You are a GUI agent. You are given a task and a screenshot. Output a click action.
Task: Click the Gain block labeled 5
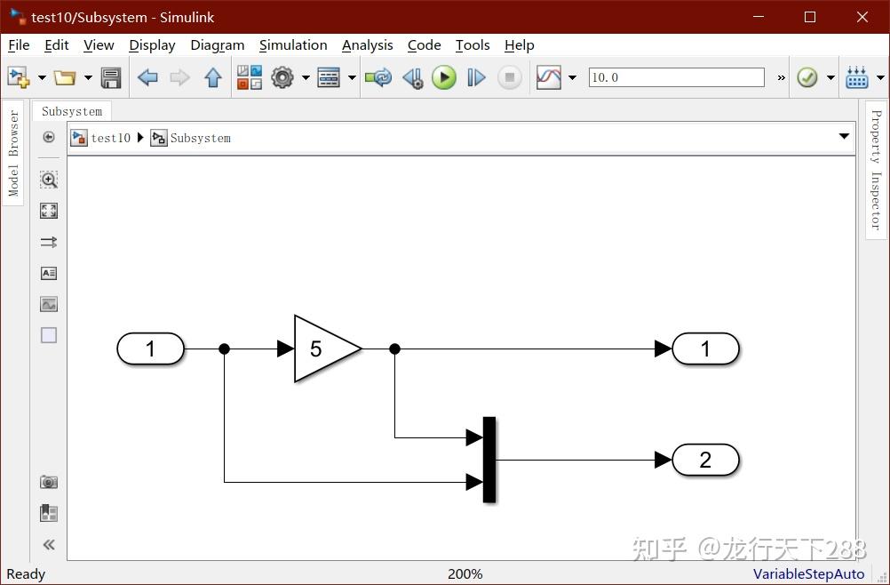[x=322, y=349]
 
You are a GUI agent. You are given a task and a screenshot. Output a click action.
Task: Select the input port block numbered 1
[x=150, y=349]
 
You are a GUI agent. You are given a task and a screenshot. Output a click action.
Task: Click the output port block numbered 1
[x=705, y=349]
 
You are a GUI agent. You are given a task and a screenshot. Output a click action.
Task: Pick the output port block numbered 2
[x=705, y=460]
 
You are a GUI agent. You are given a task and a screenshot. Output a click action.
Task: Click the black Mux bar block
[x=489, y=460]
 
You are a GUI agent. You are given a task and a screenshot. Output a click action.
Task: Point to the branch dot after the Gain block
[x=395, y=349]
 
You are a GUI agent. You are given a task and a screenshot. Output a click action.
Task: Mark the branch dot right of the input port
[x=225, y=349]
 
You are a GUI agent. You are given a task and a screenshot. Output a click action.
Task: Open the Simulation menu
[x=293, y=45]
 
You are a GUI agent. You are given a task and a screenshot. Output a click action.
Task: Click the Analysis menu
[x=367, y=45]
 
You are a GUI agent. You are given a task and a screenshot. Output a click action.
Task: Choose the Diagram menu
[x=217, y=45]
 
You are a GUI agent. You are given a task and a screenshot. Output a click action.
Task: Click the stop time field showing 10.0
[x=675, y=77]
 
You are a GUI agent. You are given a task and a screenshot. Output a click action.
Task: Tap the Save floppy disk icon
[x=111, y=77]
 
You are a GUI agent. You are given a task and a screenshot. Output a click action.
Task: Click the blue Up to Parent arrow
[x=213, y=77]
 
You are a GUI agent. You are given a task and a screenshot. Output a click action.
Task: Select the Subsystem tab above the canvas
[x=72, y=111]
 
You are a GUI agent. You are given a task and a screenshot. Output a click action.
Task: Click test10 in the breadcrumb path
[x=110, y=138]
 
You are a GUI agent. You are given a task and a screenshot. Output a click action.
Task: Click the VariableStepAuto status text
[x=808, y=574]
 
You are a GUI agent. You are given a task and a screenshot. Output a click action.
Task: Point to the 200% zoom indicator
[x=465, y=574]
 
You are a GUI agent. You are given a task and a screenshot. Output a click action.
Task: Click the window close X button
[x=862, y=17]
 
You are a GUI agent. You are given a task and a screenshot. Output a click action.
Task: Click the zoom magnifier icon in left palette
[x=49, y=180]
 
